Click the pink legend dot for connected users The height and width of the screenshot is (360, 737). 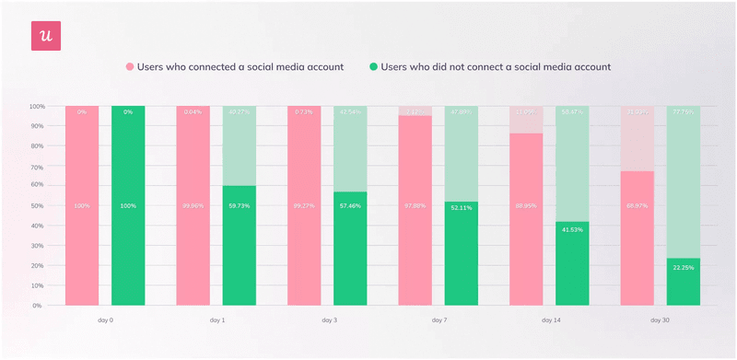tap(130, 67)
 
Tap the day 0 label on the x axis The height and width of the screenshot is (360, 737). tap(105, 320)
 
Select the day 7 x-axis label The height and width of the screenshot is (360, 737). tap(439, 320)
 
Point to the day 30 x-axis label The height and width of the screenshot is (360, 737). tap(661, 320)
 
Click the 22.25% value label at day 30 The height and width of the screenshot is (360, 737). tap(683, 267)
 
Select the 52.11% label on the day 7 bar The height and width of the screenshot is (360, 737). tap(461, 208)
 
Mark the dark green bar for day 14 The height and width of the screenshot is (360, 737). tap(571, 267)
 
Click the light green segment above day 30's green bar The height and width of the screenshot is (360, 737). tap(683, 184)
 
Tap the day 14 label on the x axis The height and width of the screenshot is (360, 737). tap(550, 320)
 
